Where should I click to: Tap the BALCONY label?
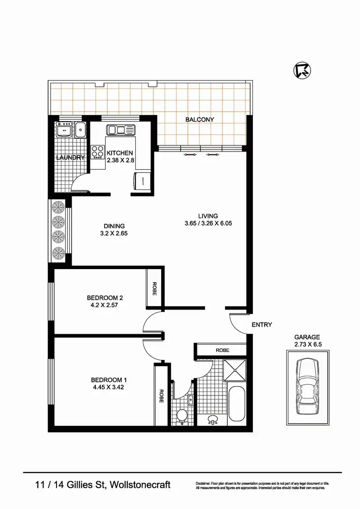tap(199, 120)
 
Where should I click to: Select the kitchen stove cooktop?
tap(97, 151)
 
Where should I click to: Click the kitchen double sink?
tap(121, 130)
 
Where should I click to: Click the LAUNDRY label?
tap(70, 158)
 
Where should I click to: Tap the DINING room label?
tap(114, 226)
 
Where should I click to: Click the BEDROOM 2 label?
tap(105, 298)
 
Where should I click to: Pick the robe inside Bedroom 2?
tap(153, 288)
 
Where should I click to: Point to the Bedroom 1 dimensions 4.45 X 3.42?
tap(109, 387)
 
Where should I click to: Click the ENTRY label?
tap(262, 325)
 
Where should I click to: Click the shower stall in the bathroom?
tap(235, 372)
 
